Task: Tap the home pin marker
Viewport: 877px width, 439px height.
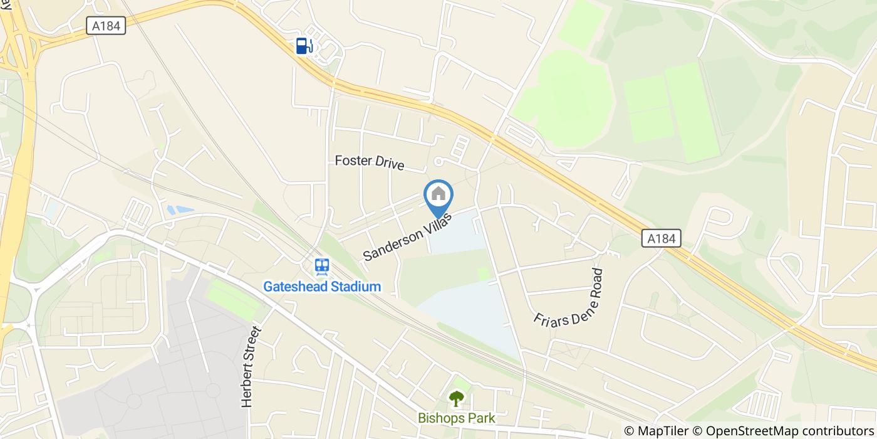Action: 438,195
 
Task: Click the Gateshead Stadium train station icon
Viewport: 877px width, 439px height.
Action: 323,267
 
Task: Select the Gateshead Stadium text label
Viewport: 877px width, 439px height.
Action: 322,287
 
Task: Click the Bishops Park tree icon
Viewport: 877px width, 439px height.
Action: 457,398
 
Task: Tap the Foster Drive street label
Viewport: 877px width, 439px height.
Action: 370,162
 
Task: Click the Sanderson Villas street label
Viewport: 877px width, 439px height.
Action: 407,236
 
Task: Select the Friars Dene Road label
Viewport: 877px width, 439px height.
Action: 569,297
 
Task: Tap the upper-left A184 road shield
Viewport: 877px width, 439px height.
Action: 106,25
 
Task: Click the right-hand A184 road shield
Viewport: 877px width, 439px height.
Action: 661,238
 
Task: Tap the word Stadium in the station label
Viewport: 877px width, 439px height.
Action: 356,287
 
